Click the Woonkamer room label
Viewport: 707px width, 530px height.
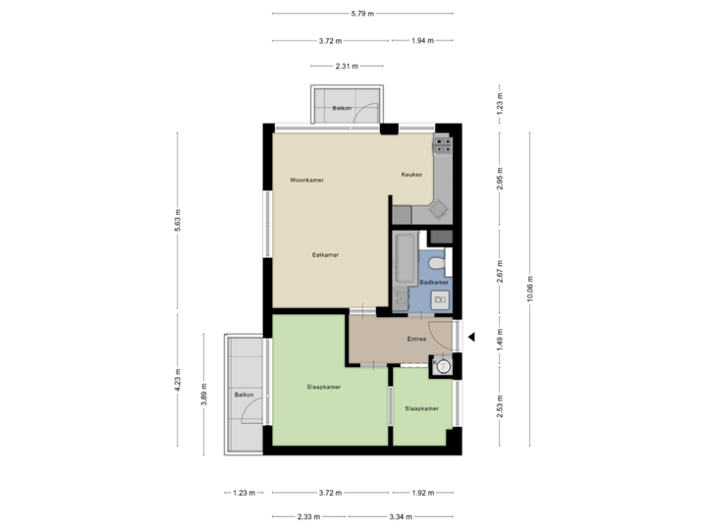307,181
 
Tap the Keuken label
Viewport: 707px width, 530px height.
411,175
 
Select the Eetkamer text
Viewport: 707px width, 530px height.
325,255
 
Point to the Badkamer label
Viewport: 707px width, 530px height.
434,282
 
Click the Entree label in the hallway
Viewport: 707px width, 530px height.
417,340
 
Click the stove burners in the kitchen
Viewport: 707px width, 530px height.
444,143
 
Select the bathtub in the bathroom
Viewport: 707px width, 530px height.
404,271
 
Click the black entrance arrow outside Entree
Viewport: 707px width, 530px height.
470,339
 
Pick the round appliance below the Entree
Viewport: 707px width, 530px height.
443,367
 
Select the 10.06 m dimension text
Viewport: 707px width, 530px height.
529,289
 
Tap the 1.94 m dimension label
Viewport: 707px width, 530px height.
422,41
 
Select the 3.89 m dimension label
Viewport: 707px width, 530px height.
203,393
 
